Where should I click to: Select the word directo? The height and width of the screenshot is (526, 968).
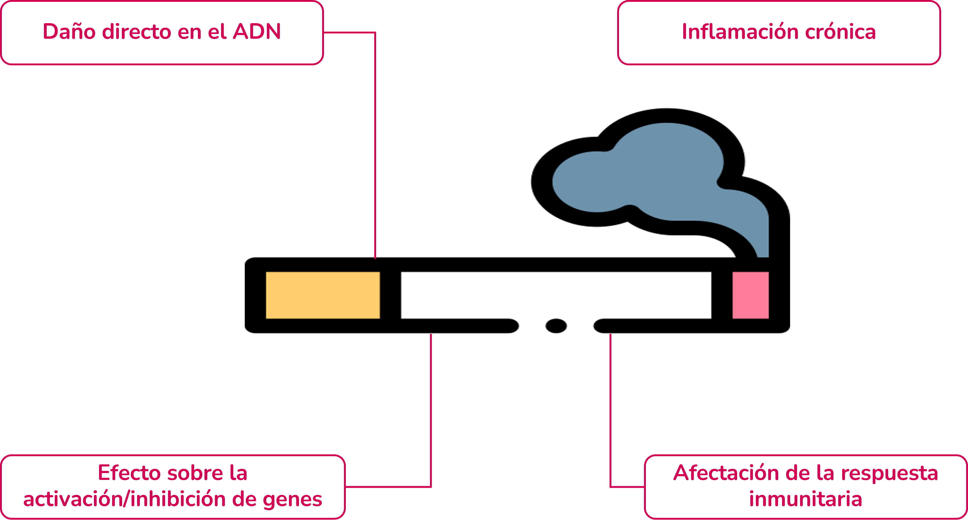[x=137, y=32]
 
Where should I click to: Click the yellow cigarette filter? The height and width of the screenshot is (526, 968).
[x=323, y=295]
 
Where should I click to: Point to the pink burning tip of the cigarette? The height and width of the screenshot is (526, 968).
[x=750, y=295]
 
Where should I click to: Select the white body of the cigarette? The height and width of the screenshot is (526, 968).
[x=556, y=295]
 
